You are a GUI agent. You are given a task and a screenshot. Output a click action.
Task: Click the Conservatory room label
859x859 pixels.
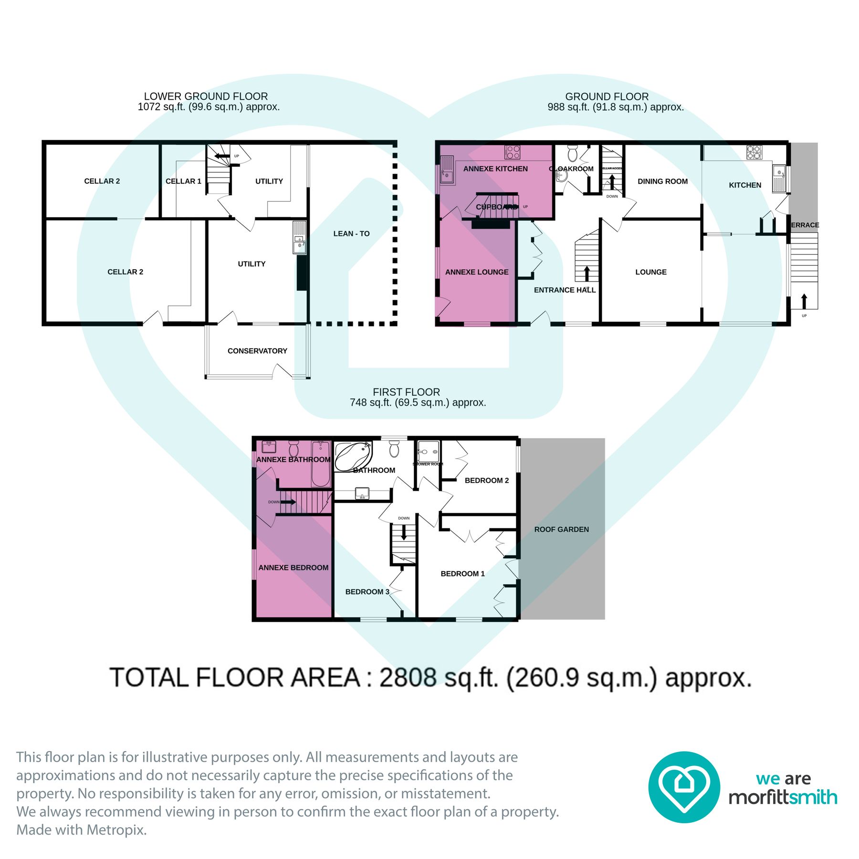(257, 351)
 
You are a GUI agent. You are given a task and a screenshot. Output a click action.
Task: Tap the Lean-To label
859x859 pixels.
(351, 233)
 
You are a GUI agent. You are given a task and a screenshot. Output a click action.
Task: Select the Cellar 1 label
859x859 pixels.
(183, 181)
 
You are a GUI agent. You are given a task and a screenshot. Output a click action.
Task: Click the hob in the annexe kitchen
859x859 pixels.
(513, 152)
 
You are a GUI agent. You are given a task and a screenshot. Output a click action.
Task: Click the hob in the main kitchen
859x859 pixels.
(754, 152)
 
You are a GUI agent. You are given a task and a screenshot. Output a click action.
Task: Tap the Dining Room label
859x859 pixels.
(662, 181)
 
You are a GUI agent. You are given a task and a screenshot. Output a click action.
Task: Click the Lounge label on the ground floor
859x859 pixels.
(651, 272)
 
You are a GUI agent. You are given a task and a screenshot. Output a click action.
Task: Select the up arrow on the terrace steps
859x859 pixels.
(804, 301)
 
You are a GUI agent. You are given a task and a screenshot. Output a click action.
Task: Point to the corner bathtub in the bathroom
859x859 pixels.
(352, 456)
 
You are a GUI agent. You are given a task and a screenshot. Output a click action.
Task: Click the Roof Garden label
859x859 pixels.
(561, 529)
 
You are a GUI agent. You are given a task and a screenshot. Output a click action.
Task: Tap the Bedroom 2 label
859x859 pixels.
(486, 481)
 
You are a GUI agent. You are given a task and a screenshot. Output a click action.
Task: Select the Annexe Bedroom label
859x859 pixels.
(293, 567)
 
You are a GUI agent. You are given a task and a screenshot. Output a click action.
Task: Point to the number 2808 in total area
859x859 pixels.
(408, 678)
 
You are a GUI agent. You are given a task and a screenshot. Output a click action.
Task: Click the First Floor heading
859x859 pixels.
(406, 392)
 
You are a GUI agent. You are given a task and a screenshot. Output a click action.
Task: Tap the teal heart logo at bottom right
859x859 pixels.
(684, 787)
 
